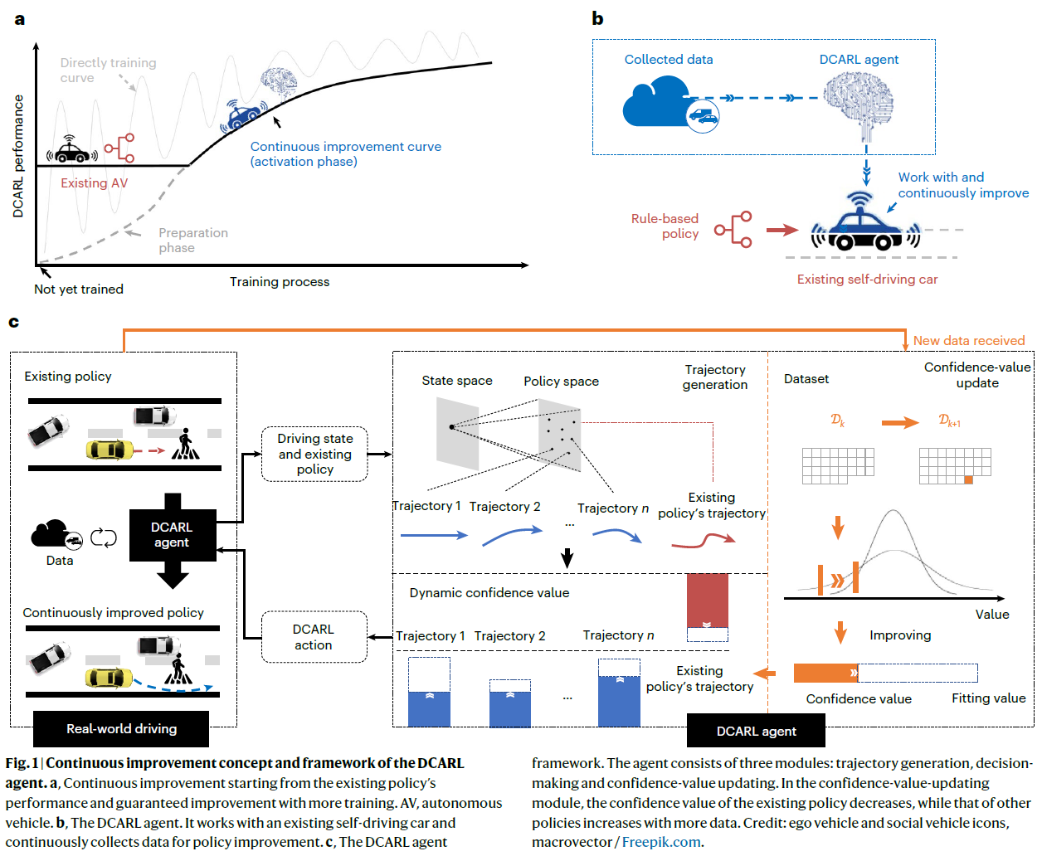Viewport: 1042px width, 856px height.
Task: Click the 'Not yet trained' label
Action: point(79,289)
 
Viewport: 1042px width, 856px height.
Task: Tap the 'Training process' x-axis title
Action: point(280,282)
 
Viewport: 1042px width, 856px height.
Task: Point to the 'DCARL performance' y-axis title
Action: point(18,157)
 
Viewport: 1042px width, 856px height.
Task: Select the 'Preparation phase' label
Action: point(192,241)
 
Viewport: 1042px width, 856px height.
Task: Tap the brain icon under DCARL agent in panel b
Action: point(859,104)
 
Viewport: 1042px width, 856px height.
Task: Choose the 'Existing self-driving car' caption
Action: point(867,280)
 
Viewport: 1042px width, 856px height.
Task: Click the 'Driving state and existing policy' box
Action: point(315,454)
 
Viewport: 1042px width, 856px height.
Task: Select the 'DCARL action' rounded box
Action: point(314,637)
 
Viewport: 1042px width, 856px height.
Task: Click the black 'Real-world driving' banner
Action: point(121,729)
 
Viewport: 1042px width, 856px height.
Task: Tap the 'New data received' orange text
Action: point(968,341)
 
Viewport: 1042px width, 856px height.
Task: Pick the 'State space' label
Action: point(457,381)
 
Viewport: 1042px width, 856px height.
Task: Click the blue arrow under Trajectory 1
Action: point(434,536)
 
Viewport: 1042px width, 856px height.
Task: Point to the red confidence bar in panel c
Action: point(707,600)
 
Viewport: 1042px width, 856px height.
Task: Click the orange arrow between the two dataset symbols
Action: point(899,422)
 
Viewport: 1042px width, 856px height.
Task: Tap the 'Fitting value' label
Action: point(988,698)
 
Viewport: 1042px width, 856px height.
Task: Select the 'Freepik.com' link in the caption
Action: point(661,842)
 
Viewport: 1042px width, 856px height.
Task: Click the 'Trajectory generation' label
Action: point(715,377)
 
